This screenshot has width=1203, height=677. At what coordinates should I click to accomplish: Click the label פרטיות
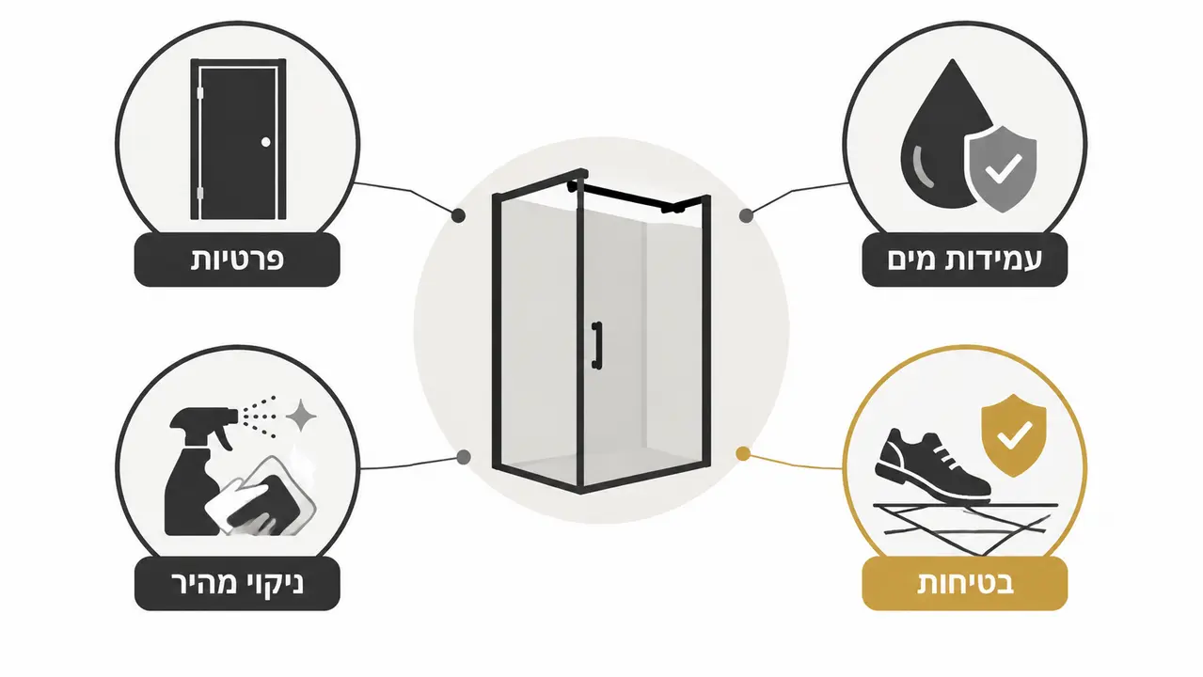pyautogui.click(x=237, y=260)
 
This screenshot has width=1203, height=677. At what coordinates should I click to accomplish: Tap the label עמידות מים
pyautogui.click(x=964, y=260)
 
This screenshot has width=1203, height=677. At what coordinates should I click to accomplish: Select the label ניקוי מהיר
pyautogui.click(x=237, y=584)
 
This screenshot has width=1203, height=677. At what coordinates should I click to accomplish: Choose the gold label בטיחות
pyautogui.click(x=964, y=584)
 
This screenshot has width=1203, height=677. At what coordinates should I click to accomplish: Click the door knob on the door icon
pyautogui.click(x=266, y=142)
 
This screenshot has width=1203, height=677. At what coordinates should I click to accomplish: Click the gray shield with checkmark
pyautogui.click(x=1001, y=170)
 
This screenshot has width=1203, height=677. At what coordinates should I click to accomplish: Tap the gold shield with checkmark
pyautogui.click(x=1013, y=433)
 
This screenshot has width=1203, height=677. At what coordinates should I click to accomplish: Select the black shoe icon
pyautogui.click(x=932, y=464)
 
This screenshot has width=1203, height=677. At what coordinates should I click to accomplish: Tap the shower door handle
pyautogui.click(x=596, y=345)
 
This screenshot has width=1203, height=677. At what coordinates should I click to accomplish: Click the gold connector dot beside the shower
pyautogui.click(x=743, y=454)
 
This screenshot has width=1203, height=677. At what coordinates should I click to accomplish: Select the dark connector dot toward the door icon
pyautogui.click(x=458, y=216)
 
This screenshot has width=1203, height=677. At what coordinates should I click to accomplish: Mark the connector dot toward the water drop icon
pyautogui.click(x=746, y=216)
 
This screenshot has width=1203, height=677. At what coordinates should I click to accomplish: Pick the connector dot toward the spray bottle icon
pyautogui.click(x=464, y=457)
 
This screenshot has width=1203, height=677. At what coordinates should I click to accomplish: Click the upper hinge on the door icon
pyautogui.click(x=200, y=93)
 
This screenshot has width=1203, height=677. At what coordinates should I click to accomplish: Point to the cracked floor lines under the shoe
pyautogui.click(x=965, y=527)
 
